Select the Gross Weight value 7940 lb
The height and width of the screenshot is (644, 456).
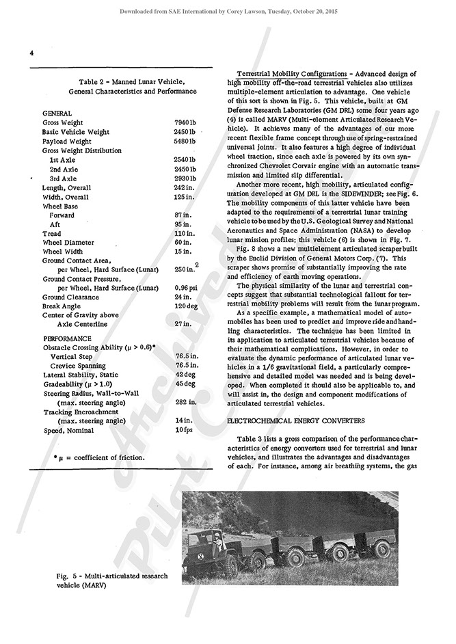coord(185,122)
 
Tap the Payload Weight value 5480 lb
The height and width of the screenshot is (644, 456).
coord(185,141)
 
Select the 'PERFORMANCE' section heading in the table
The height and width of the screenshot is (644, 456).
coord(67,338)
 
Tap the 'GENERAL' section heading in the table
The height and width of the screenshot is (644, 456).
coord(57,112)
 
